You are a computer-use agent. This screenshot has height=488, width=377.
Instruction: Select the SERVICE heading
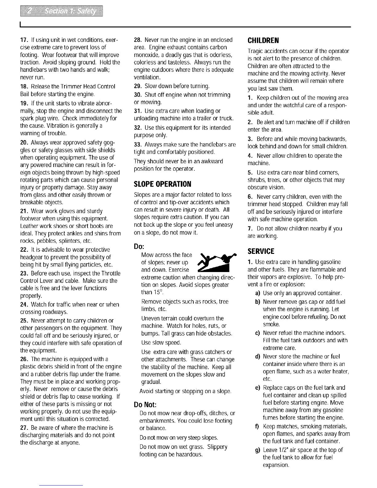tap(261, 251)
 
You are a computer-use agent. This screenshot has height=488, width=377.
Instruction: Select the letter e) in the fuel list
tap(257, 388)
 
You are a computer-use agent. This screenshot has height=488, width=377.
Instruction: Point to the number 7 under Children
tap(250, 229)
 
